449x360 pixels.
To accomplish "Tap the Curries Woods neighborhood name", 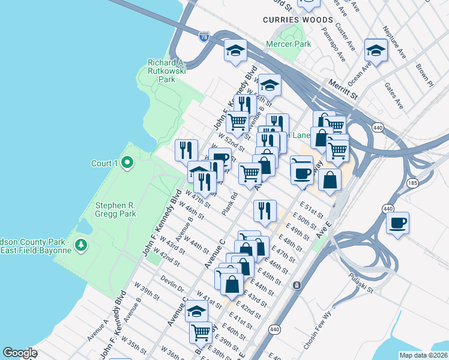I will point(289,20).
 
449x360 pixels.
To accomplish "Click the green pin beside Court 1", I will point(127,163).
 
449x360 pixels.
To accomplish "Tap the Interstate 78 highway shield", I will point(204,37).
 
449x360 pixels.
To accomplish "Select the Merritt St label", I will point(342,88).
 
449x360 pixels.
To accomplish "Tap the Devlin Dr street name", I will point(172,284).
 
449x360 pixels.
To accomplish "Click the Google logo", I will point(20,353).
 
